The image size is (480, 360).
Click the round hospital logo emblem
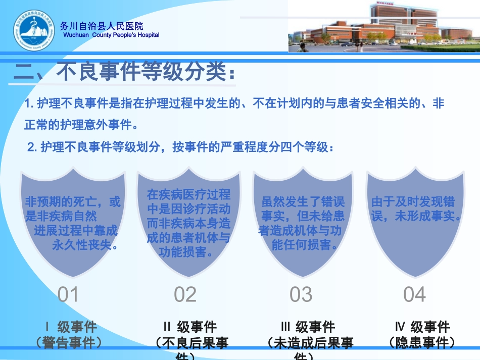33,30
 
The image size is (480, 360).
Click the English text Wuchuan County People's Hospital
111,35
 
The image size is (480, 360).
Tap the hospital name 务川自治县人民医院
101,26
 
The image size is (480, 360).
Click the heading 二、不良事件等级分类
124,72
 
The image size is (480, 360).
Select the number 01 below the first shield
68,294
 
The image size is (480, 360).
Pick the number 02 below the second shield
185,294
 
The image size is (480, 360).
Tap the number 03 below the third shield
301,294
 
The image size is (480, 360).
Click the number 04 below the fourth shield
415,294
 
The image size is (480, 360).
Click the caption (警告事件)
69,343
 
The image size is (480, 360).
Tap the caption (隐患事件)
422,343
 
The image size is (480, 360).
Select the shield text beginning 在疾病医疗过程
188,223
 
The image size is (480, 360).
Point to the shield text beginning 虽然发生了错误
302,224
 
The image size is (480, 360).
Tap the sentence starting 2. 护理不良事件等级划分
180,147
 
